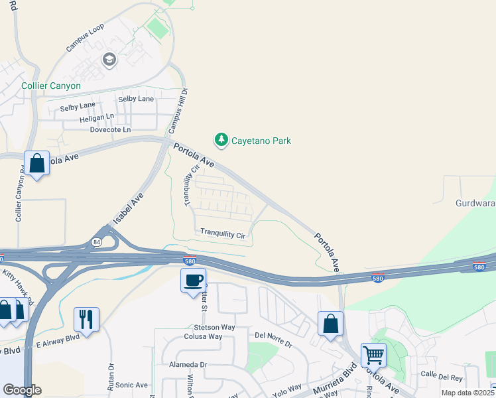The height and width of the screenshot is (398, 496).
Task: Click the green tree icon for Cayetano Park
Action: pyautogui.click(x=221, y=140)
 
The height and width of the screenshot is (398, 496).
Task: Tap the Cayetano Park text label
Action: pyautogui.click(x=261, y=141)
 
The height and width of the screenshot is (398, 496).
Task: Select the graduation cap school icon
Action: pyautogui.click(x=109, y=60)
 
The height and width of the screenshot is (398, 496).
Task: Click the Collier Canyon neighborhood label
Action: pyautogui.click(x=51, y=86)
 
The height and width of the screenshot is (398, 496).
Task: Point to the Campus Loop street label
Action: pyautogui.click(x=85, y=40)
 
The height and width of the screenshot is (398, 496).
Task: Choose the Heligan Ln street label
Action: pyautogui.click(x=96, y=117)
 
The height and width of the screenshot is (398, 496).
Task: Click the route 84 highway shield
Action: pyautogui.click(x=97, y=242)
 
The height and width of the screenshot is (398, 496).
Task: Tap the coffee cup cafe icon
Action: pyautogui.click(x=193, y=280)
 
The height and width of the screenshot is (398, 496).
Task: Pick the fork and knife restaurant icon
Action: pyautogui.click(x=86, y=319)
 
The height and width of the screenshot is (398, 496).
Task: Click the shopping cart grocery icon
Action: pyautogui.click(x=373, y=355)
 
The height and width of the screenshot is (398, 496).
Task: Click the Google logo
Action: pyautogui.click(x=22, y=390)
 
